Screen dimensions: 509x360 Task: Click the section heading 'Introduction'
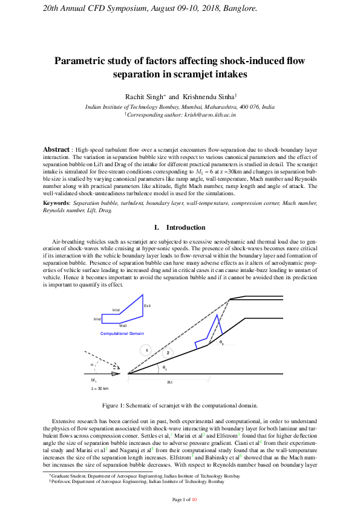(186, 227)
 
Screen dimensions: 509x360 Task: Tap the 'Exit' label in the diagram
(147, 307)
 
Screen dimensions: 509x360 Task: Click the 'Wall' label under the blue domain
(123, 325)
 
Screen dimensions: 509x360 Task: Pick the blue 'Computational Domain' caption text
(122, 334)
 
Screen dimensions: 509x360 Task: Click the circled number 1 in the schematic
(146, 350)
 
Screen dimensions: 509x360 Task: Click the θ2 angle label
(221, 343)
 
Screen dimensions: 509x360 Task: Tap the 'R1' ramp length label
(170, 383)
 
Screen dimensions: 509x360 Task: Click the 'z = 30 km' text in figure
(99, 389)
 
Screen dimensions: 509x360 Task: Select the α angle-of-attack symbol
(93, 365)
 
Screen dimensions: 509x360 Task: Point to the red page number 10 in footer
(194, 499)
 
